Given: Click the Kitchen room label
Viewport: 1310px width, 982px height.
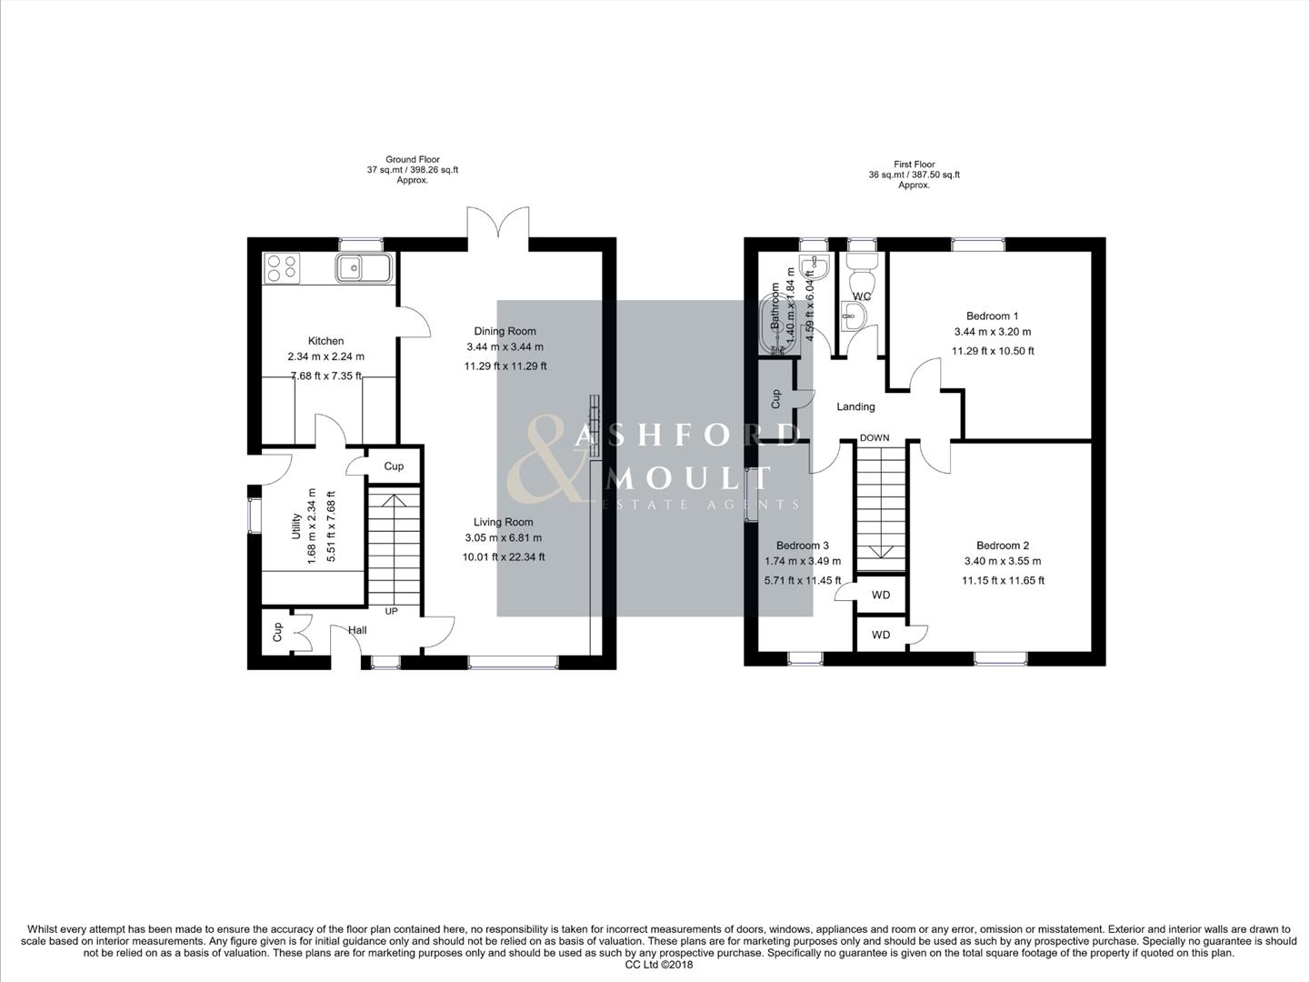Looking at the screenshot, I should tap(325, 341).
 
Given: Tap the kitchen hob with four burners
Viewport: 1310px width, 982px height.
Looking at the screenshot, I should tap(282, 267).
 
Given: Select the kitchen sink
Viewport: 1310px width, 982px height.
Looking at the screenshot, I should tap(363, 267).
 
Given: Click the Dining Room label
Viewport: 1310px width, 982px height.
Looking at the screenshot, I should tap(505, 331).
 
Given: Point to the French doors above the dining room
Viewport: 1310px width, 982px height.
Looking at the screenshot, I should tap(497, 225).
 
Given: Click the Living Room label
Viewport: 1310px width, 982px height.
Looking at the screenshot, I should tap(503, 522).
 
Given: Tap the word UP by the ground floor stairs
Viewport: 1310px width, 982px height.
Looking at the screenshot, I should tap(391, 611).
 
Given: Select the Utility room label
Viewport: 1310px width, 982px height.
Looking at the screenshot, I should tap(295, 526).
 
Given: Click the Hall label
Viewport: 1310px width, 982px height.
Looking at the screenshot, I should tap(357, 630).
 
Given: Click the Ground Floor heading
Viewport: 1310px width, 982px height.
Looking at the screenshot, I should tap(413, 159).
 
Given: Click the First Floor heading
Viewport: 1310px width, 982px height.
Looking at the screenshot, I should tap(914, 165).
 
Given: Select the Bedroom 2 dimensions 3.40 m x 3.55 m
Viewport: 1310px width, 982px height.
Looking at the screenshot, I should tap(1003, 561).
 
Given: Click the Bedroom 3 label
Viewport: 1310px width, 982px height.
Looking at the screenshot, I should tap(802, 546).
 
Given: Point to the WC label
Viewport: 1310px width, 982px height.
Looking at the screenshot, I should tap(862, 296).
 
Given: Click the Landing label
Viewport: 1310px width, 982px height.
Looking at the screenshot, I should tap(855, 406).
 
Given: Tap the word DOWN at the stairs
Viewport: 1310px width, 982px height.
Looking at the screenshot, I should tap(875, 437).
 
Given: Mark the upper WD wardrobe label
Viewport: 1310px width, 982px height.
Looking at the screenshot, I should tap(880, 595).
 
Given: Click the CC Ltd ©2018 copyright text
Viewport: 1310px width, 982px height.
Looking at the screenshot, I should tap(659, 965).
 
